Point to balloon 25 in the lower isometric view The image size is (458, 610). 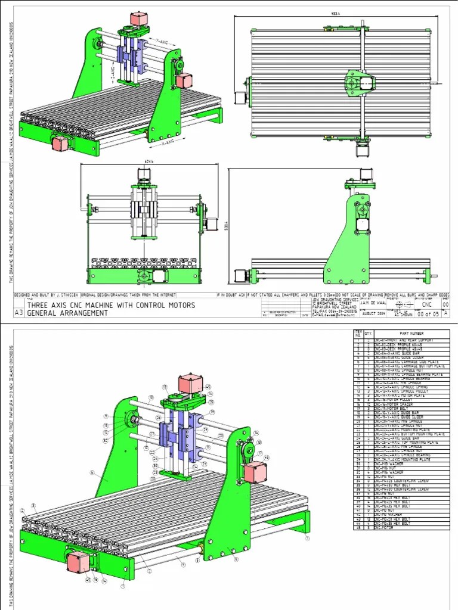(211, 403)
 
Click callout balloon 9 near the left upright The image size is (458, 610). (106, 416)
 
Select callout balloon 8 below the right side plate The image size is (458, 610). (236, 560)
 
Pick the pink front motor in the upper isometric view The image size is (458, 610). (61, 143)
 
